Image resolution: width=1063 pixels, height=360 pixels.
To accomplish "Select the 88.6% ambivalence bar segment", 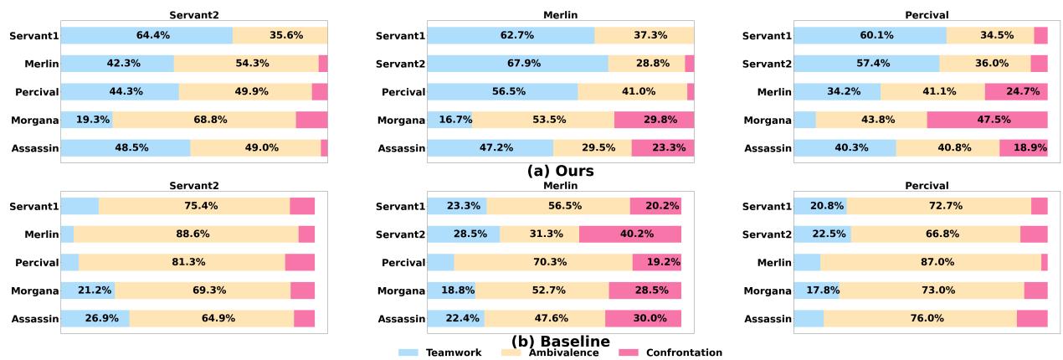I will [x=186, y=234].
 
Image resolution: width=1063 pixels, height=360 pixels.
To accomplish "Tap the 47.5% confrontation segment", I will [x=987, y=120].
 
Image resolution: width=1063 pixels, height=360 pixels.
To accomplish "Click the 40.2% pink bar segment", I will [x=629, y=234].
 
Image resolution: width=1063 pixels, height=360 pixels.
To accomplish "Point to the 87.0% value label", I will [x=930, y=263].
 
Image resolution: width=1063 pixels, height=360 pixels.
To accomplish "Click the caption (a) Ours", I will [x=560, y=171].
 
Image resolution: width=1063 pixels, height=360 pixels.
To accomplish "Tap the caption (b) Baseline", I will [x=560, y=341].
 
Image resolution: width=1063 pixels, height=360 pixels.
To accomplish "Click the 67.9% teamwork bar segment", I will [x=517, y=64].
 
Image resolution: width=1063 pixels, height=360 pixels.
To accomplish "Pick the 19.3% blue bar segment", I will [x=86, y=120].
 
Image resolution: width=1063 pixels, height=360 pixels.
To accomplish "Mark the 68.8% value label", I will [x=204, y=120].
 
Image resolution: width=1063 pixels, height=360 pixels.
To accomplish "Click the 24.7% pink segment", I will [x=1015, y=91].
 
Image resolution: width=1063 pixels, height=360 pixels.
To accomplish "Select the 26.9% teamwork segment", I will [x=95, y=319].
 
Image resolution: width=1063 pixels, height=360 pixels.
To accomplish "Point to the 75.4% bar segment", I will [x=194, y=206].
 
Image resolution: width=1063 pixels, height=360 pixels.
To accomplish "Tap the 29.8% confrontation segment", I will [x=654, y=120].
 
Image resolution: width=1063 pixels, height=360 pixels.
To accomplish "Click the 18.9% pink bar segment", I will [x=1023, y=148].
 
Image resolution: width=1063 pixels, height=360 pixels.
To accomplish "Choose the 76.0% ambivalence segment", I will [x=920, y=319].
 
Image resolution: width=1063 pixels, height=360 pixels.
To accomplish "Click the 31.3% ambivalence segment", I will [x=539, y=234].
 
